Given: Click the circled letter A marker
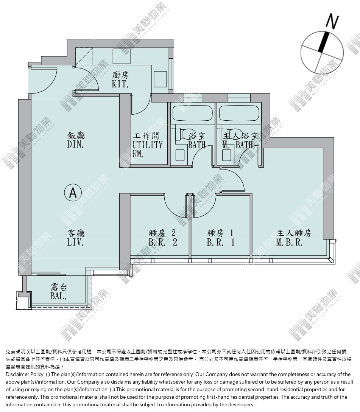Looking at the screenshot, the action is coord(73,193).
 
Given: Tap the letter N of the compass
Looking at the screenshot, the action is coord(332,21).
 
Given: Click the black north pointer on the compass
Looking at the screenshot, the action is coord(323,42).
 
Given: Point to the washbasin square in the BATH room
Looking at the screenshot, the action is coord(180,155).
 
